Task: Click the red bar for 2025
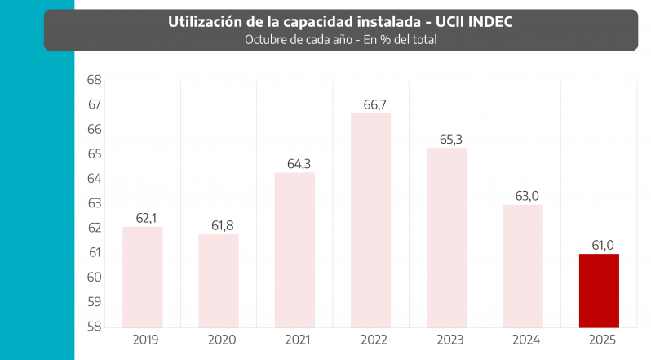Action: tap(599, 290)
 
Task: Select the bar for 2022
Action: tap(370, 220)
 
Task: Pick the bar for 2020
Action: tap(219, 280)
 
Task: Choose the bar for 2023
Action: tap(446, 237)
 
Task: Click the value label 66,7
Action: tap(370, 104)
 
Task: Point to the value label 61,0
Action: tap(599, 245)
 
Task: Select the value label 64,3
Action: tap(294, 163)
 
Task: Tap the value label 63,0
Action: tap(523, 195)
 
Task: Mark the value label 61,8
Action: tap(219, 224)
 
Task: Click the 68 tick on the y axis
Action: tap(94, 80)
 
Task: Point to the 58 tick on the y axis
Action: tap(94, 327)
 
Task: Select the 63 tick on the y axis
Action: tap(94, 203)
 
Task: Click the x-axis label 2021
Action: tap(294, 340)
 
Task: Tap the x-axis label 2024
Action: tap(523, 340)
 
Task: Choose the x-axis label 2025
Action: tap(599, 340)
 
